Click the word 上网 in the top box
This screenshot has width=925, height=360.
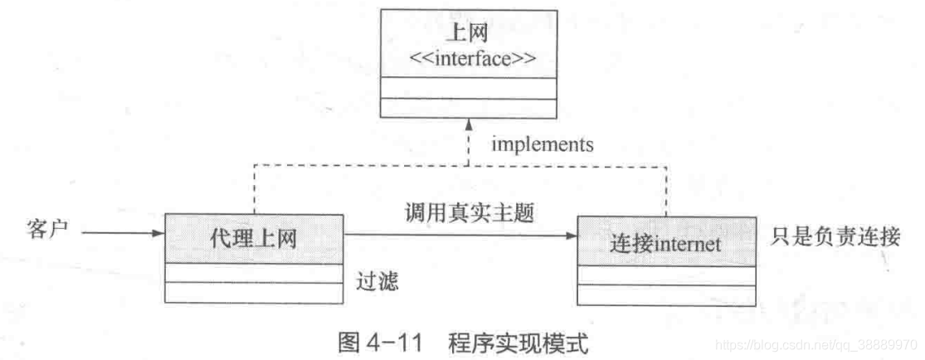point(468,34)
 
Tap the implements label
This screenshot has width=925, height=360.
point(543,145)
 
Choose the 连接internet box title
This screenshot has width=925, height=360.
point(666,243)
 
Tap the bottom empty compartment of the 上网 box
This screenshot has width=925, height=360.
point(468,108)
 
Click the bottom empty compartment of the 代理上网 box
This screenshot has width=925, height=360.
point(253,293)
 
